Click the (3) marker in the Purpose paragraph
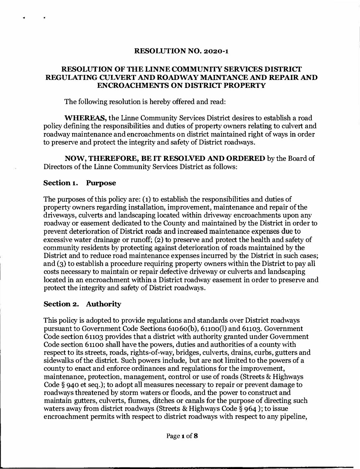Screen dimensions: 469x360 (x=60, y=264)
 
